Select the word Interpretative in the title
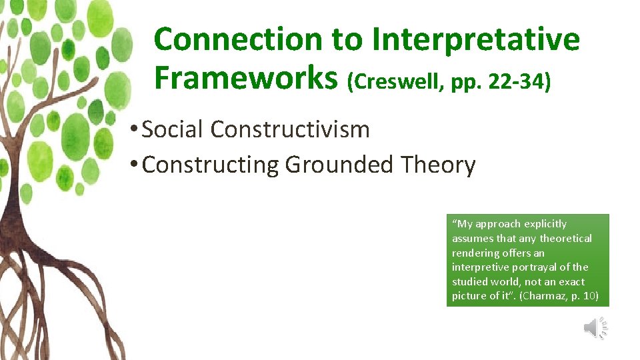pyautogui.click(x=476, y=41)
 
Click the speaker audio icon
pyautogui.click(x=595, y=327)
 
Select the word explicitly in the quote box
pyautogui.click(x=545, y=224)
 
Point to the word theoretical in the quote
pyautogui.click(x=565, y=239)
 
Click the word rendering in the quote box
pyautogui.click(x=475, y=253)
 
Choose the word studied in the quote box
pyautogui.click(x=469, y=282)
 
